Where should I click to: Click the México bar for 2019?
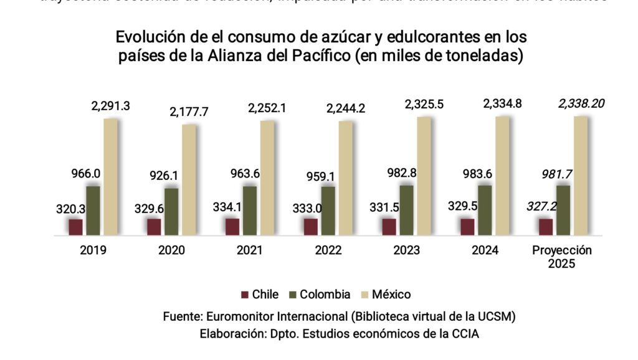point(110,177)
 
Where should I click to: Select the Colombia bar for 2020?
point(171,212)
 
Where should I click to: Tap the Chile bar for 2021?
point(232,227)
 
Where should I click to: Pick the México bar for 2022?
point(345,178)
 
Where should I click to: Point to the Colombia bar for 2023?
point(406,211)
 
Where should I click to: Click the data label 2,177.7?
point(188,112)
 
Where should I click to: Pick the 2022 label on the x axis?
point(328,251)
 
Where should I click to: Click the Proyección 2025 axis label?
point(562,257)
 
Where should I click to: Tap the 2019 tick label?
point(93,251)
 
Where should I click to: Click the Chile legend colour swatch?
point(245,295)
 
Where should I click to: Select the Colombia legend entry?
point(319,295)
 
